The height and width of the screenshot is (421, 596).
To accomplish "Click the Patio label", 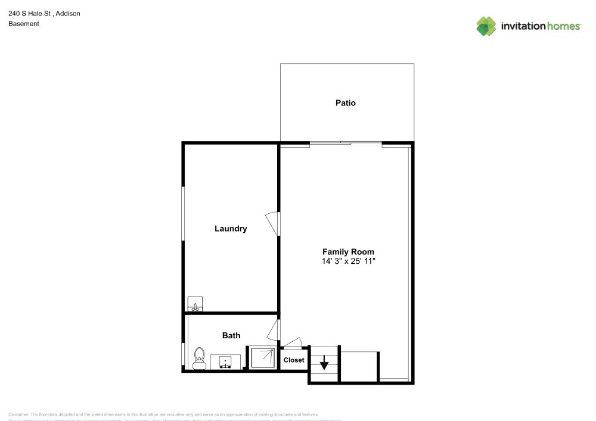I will (x=345, y=103).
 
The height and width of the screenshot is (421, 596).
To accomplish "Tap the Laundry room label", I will (x=231, y=229).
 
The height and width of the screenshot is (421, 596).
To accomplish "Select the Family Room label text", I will (x=348, y=252).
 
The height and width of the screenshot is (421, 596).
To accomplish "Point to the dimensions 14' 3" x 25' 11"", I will (x=348, y=261).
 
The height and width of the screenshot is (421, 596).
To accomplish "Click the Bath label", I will (x=231, y=336).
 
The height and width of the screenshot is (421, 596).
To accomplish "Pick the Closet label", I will (x=294, y=360).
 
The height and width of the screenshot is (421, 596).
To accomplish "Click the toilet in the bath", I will (x=199, y=358).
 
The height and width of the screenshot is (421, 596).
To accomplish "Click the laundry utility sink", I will (x=195, y=304).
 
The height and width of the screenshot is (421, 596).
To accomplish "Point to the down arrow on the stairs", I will (x=324, y=362).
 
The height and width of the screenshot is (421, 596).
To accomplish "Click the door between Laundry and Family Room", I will (x=274, y=223).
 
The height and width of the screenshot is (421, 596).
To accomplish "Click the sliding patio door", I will (x=346, y=143).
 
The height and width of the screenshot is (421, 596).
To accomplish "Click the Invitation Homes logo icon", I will (x=486, y=26).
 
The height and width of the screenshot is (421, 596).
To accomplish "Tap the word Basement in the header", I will (x=24, y=24).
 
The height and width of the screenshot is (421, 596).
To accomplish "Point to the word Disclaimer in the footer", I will (x=18, y=414).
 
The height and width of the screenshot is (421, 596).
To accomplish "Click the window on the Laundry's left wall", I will (x=183, y=214).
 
